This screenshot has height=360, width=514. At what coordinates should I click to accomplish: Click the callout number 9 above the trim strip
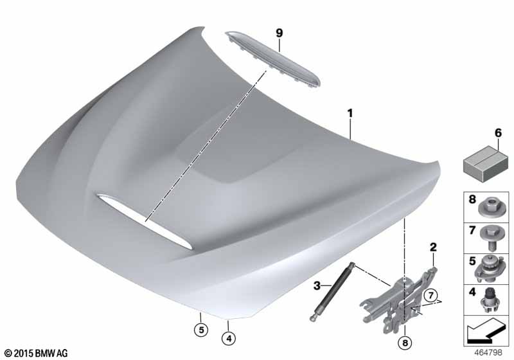[279, 33]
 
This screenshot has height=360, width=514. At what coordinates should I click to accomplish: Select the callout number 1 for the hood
[350, 113]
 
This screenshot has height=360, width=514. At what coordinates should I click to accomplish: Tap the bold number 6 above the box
[498, 133]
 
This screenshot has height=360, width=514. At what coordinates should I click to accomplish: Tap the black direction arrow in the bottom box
[484, 331]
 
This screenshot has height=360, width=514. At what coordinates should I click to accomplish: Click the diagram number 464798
[488, 352]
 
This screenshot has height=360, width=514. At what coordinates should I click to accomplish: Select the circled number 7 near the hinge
[430, 296]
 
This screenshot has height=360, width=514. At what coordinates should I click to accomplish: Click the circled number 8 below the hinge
[405, 343]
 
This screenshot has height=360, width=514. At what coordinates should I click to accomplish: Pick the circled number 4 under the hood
[229, 338]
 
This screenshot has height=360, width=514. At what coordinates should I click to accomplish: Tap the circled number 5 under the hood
[201, 330]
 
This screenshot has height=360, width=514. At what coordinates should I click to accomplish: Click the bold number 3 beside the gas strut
[317, 285]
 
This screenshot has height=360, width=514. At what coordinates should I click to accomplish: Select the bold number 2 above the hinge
[433, 248]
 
